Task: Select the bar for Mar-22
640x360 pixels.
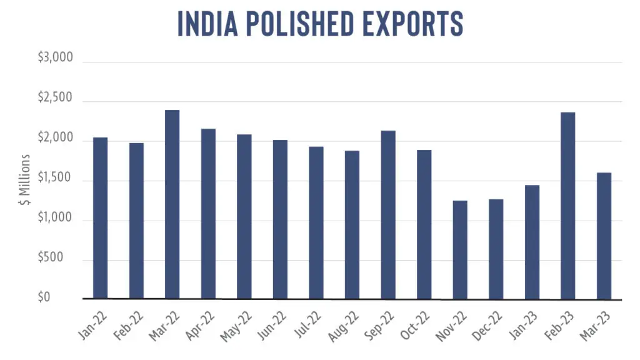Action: click(172, 204)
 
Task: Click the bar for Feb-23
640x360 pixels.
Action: click(567, 206)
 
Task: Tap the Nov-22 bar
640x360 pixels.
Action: click(460, 250)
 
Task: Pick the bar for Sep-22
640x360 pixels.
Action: click(388, 215)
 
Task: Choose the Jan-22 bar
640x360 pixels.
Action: click(101, 218)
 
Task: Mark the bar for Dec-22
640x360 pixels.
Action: click(496, 249)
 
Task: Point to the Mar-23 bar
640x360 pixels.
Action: click(604, 236)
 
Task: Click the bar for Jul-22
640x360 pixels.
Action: click(316, 223)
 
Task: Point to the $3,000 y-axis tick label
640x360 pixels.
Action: click(56, 57)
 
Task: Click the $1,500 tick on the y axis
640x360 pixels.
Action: click(55, 177)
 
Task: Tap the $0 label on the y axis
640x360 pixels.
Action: click(44, 297)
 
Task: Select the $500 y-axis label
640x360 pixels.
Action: click(51, 257)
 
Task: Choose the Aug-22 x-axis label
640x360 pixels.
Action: click(343, 326)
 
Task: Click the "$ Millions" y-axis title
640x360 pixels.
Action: click(25, 179)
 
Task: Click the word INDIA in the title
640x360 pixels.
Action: click(207, 24)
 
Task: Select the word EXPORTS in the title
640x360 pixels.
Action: click(412, 24)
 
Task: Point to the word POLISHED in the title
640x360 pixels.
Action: click(300, 24)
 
